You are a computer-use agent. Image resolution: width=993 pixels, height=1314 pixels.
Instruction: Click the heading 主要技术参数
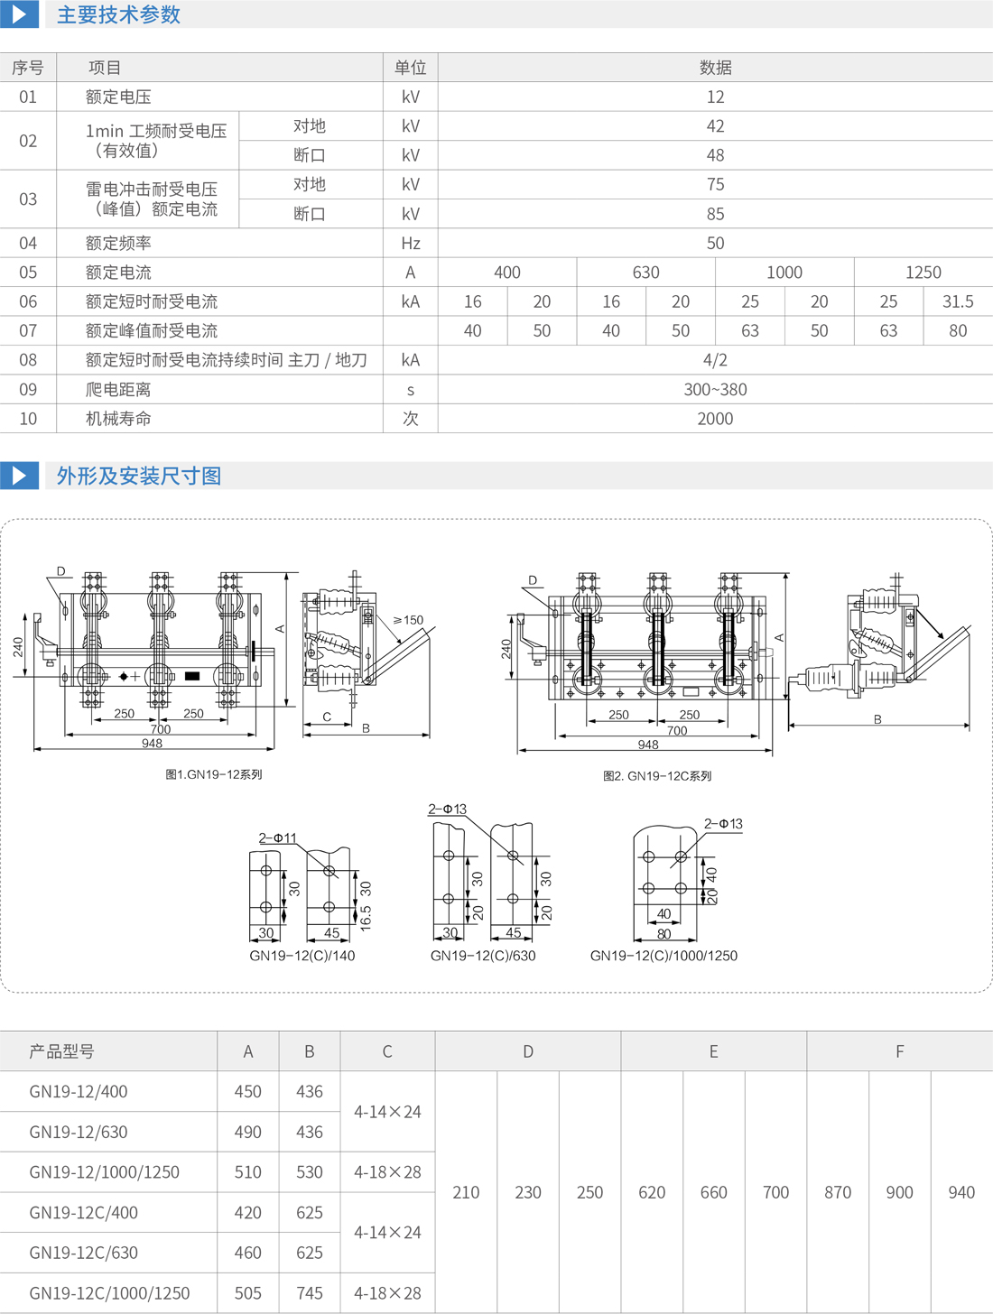click(118, 15)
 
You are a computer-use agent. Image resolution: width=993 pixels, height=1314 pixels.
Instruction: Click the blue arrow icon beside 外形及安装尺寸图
click(19, 476)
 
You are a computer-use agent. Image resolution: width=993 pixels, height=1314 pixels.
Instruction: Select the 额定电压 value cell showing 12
click(715, 97)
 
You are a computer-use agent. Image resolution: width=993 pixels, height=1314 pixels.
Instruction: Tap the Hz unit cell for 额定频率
click(410, 243)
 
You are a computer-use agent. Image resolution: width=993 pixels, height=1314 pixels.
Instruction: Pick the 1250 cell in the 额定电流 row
click(923, 273)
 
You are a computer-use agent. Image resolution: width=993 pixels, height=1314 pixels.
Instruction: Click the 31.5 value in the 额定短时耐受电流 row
click(957, 301)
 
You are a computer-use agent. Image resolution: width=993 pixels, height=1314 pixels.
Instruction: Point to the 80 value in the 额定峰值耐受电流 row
click(957, 331)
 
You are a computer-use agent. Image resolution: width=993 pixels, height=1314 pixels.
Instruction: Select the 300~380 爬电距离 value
click(715, 390)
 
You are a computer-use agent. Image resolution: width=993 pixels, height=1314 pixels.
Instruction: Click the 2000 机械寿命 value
click(715, 419)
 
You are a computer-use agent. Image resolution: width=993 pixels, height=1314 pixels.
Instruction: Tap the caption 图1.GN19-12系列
click(214, 774)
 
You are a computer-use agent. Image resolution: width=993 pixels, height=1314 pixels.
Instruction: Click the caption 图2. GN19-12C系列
click(657, 776)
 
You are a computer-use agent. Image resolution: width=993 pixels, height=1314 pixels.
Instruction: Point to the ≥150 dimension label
click(408, 620)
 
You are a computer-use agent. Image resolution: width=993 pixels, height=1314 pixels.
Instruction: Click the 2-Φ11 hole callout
click(277, 838)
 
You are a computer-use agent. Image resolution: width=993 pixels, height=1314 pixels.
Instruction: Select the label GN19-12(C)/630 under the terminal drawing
click(483, 956)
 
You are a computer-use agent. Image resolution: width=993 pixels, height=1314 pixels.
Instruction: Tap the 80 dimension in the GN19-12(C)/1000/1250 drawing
click(664, 934)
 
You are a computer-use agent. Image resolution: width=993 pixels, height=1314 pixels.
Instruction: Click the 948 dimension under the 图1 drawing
click(152, 744)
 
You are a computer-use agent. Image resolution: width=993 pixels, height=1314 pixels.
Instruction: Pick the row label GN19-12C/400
click(83, 1212)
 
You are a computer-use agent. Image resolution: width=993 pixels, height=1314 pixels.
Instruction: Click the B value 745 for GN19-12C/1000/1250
click(309, 1293)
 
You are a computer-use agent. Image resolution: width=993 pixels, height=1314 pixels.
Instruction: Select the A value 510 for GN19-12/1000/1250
click(247, 1172)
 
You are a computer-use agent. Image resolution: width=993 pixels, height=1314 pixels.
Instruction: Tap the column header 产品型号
click(61, 1051)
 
